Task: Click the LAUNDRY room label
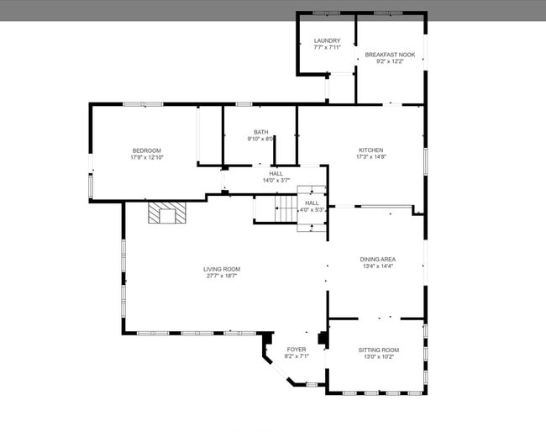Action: [327, 40]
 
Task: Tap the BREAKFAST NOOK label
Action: [389, 55]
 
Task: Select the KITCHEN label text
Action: [370, 150]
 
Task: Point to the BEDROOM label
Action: [146, 150]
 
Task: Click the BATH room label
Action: [261, 132]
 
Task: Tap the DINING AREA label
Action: [378, 259]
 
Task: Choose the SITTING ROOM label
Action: [379, 350]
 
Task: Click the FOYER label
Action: [297, 349]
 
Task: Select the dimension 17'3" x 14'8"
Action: [370, 156]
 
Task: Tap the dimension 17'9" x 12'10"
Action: [146, 157]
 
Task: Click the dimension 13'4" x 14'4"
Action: [378, 266]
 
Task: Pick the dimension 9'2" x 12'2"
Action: [389, 61]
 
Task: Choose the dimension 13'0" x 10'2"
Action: [379, 356]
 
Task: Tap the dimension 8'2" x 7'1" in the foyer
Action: [297, 356]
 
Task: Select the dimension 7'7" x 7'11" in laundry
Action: [327, 47]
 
